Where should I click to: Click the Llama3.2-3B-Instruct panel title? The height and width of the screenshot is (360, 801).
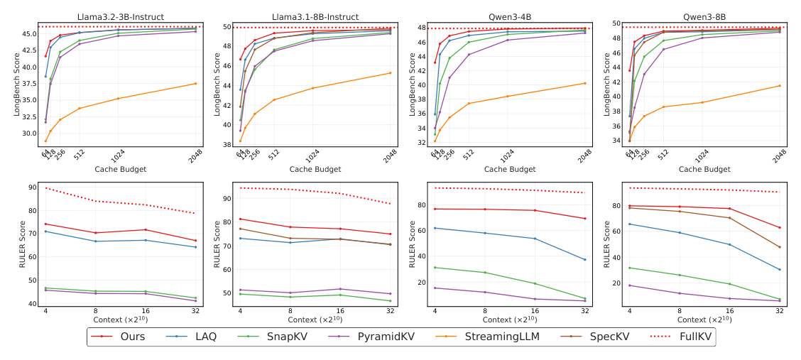(x=120, y=16)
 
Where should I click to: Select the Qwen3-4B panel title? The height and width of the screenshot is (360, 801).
(x=510, y=16)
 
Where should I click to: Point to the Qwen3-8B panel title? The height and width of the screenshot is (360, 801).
(x=704, y=16)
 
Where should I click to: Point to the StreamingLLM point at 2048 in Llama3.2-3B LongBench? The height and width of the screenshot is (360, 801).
(x=195, y=84)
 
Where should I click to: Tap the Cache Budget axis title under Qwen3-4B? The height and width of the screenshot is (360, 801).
(x=510, y=169)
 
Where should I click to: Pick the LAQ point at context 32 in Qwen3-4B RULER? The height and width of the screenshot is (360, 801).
(x=585, y=259)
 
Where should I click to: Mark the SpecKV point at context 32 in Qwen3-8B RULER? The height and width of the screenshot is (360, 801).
(x=780, y=247)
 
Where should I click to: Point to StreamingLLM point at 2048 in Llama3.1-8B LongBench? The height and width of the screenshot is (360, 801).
(x=390, y=72)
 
